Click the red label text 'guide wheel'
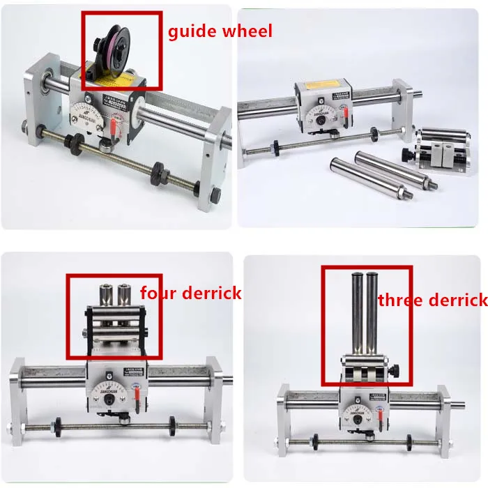tap(220, 31)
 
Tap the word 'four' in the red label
tap(157, 292)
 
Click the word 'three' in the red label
tap(400, 300)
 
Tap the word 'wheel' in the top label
tap(247, 31)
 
